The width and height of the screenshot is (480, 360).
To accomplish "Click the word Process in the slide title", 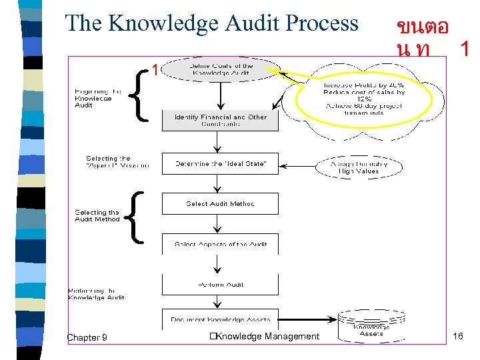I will click(x=322, y=23).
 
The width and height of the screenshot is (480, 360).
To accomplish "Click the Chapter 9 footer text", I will click(x=87, y=337).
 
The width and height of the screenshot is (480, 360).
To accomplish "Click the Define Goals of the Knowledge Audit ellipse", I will click(x=221, y=69).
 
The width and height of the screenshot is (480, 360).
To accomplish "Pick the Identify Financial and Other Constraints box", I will click(x=220, y=121).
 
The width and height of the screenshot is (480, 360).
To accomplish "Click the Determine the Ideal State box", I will click(x=220, y=164).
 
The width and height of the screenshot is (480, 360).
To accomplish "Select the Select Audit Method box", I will click(x=220, y=204).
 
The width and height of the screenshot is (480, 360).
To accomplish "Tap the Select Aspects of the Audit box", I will click(x=220, y=244).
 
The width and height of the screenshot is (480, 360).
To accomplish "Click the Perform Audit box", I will click(x=220, y=285).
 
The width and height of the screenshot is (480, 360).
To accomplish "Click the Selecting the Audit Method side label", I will click(x=97, y=215).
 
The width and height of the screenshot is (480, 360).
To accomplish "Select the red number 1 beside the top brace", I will click(x=155, y=69).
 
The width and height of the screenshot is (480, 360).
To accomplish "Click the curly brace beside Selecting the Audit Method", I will click(x=136, y=217).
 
